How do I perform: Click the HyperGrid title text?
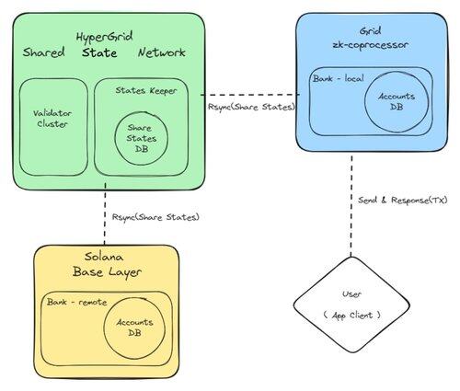tap(104, 37)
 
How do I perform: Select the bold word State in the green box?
tap(99, 52)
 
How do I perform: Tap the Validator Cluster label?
tap(52, 119)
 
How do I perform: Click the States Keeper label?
tap(146, 91)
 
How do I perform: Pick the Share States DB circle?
tap(115, 138)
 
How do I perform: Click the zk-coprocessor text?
tap(371, 45)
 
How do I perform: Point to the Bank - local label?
tap(339, 78)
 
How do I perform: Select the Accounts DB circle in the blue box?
tap(364, 102)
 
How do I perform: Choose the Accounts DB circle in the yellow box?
tap(104, 328)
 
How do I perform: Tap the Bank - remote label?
tap(77, 303)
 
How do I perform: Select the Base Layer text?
tap(107, 272)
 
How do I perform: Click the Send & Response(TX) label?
tap(403, 201)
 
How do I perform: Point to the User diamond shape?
tap(351, 258)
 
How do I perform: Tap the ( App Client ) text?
tap(351, 315)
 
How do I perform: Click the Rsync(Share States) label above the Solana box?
tap(155, 217)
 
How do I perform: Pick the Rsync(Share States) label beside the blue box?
tap(251, 107)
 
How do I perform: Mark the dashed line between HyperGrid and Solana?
tap(105, 213)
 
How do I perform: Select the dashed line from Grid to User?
tap(351, 206)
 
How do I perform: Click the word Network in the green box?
tap(162, 52)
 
